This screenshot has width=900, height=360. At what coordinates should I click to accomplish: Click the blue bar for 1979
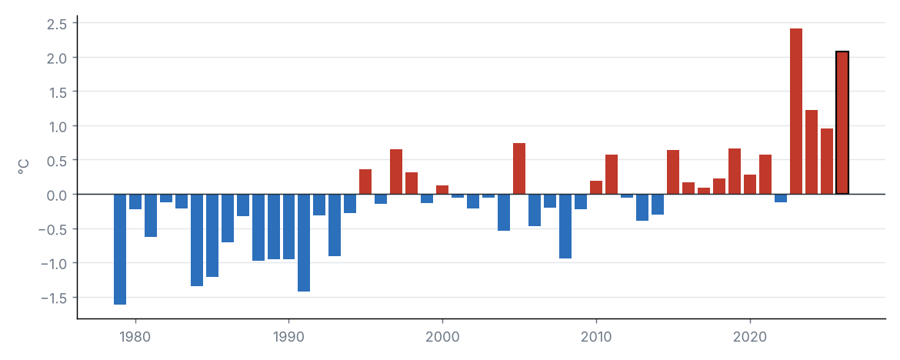119,249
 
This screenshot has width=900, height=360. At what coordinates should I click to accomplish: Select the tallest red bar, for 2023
796,112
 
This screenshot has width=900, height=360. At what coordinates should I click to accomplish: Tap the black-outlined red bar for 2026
842,123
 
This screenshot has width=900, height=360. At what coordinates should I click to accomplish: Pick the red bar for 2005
519,168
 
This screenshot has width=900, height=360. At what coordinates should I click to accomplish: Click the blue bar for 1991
304,243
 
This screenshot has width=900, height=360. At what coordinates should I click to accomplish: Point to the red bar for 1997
396,172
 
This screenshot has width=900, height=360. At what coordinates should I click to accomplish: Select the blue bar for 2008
565,226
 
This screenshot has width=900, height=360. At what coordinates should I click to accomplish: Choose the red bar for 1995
365,182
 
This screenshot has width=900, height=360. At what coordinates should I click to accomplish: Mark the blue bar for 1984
197,240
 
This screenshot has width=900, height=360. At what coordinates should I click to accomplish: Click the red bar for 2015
673,172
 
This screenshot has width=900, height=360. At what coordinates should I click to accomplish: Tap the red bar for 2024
812,152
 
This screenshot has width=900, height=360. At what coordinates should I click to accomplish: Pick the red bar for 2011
612,175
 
